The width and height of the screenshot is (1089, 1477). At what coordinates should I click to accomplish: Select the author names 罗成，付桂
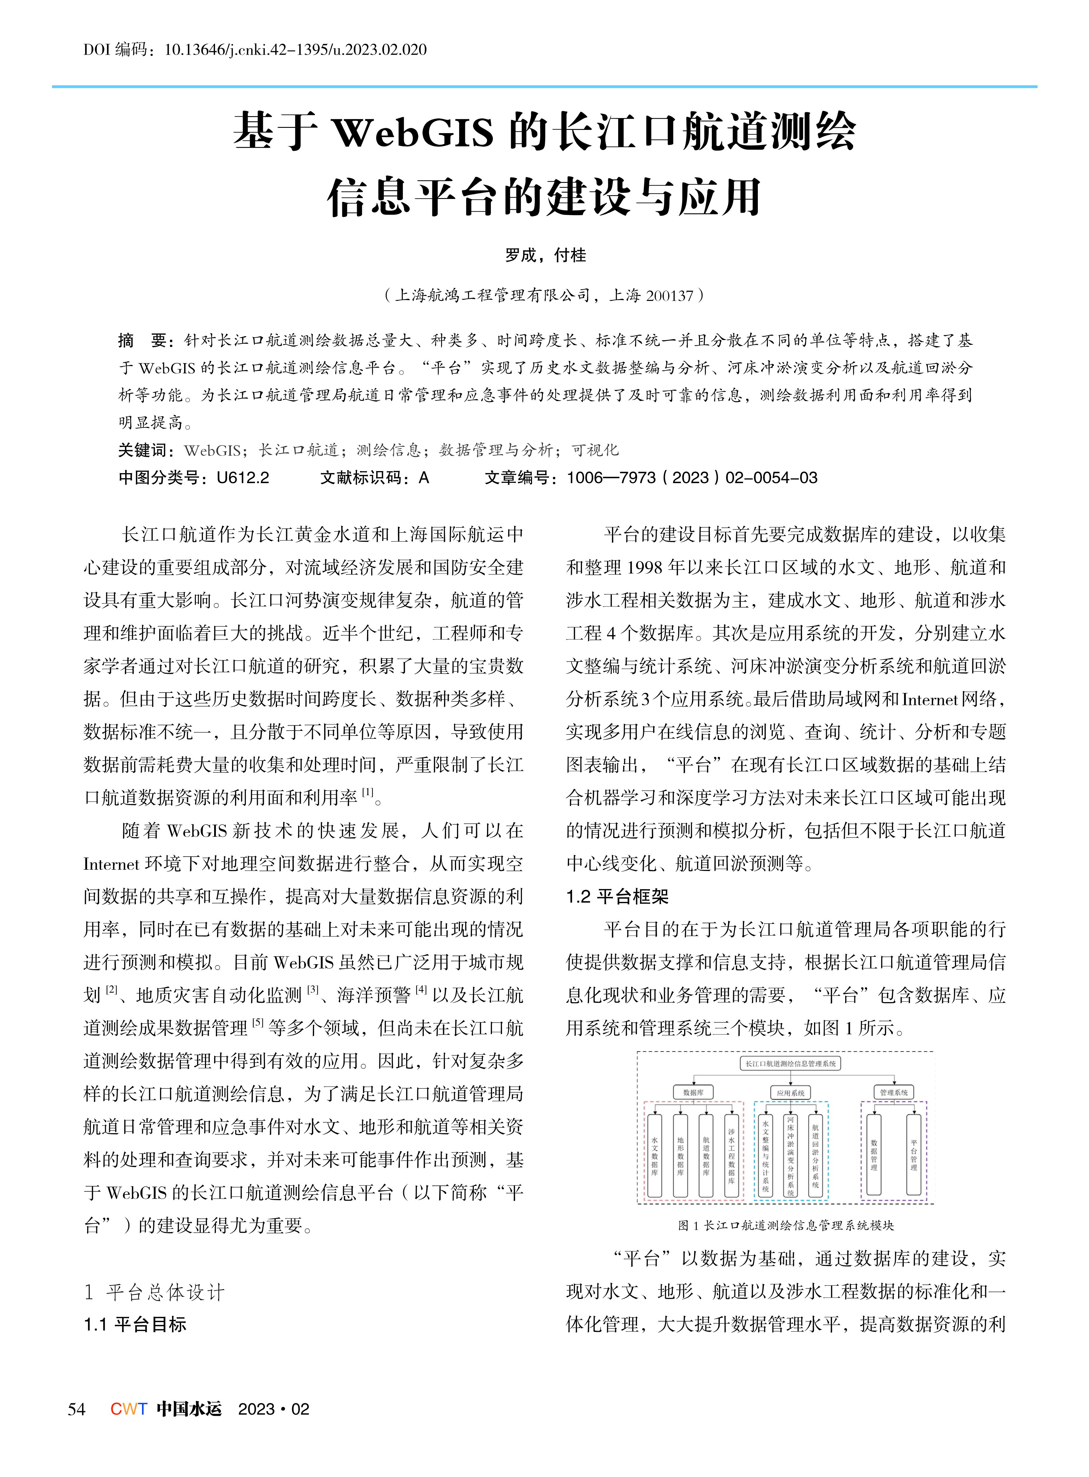click(x=545, y=255)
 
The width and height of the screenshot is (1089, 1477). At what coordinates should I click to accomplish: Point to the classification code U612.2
click(x=243, y=478)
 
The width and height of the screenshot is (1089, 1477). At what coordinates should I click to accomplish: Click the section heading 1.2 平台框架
click(x=617, y=897)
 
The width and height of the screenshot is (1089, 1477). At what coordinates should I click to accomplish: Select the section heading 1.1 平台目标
click(x=135, y=1324)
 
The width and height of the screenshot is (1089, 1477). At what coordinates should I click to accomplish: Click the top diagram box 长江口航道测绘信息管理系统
click(x=791, y=1063)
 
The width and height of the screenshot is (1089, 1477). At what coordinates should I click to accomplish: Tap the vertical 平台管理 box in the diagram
click(x=914, y=1154)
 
